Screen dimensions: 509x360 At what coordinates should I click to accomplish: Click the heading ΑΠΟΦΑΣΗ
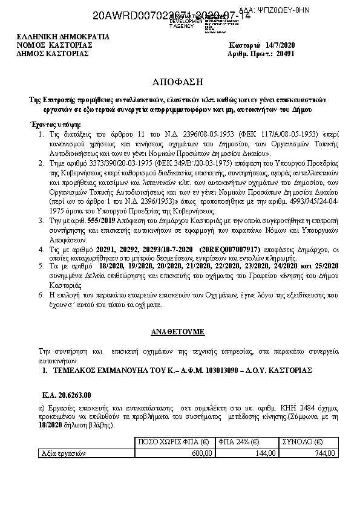[180, 80]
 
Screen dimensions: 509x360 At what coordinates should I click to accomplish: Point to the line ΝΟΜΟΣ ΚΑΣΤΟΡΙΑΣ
[54, 45]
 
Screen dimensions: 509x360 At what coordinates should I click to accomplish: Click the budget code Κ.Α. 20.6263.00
[67, 396]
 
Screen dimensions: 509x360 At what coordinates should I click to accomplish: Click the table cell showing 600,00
[202, 453]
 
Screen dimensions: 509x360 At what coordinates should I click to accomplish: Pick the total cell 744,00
[326, 453]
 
